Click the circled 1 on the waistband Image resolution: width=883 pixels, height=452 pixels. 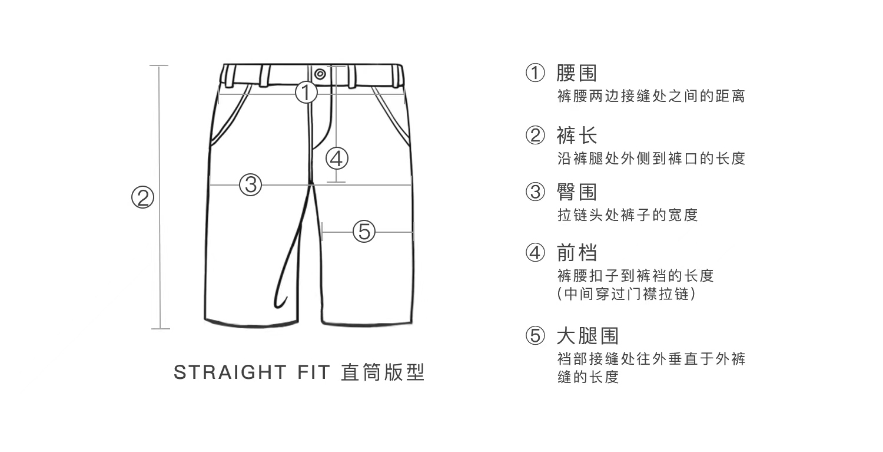pos(306,93)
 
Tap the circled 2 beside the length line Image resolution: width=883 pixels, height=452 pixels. pos(142,197)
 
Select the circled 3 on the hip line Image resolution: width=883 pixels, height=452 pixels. pos(250,184)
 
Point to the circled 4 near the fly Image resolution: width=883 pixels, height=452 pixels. pos(337,158)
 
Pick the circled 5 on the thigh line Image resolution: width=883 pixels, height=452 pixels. pos(364,231)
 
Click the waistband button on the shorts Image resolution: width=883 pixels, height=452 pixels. pos(320,74)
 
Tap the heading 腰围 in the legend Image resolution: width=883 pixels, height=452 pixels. pos(576,73)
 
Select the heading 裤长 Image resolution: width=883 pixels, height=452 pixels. pos(576,136)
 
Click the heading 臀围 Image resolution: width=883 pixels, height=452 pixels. pos(576,192)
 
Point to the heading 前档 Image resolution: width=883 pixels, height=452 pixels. pos(576,253)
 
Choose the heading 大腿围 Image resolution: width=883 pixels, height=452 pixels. pos(587,336)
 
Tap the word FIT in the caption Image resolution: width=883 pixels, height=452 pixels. pos(310,373)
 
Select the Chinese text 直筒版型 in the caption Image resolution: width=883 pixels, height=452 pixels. pos(383,373)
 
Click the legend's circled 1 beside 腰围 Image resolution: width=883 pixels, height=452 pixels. pos(535,74)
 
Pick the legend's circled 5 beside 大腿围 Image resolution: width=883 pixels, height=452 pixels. pos(535,336)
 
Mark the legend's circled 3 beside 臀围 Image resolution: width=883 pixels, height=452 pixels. pos(535,192)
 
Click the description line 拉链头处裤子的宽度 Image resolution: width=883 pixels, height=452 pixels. pos(627,215)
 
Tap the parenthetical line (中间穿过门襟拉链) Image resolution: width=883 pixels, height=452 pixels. pos(626,293)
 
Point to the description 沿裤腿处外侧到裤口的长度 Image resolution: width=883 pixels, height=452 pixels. pos(651,159)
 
